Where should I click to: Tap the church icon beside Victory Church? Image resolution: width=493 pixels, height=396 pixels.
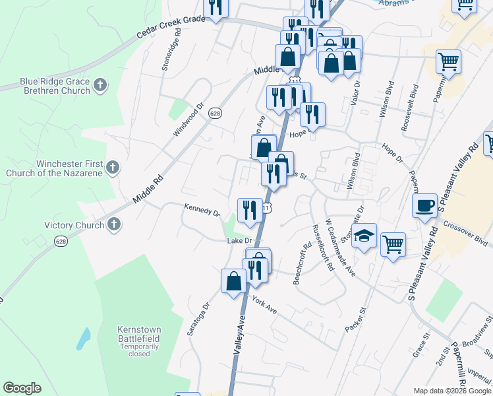113,225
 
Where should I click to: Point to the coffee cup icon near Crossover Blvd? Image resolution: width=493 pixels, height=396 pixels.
425,205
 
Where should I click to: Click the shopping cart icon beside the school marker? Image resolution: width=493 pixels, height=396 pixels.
393,245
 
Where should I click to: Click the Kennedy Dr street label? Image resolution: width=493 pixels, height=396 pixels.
202,212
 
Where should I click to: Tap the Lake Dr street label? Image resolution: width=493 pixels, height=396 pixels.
240,241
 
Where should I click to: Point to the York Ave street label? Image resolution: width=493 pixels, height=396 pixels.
264,304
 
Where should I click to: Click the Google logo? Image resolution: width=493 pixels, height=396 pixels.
22,388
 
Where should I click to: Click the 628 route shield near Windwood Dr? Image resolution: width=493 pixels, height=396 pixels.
215,114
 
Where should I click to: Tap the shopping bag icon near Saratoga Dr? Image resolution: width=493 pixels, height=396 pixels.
233,281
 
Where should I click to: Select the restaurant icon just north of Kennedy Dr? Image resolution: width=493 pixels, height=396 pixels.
249,210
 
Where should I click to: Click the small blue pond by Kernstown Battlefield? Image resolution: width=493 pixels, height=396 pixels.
83,338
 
